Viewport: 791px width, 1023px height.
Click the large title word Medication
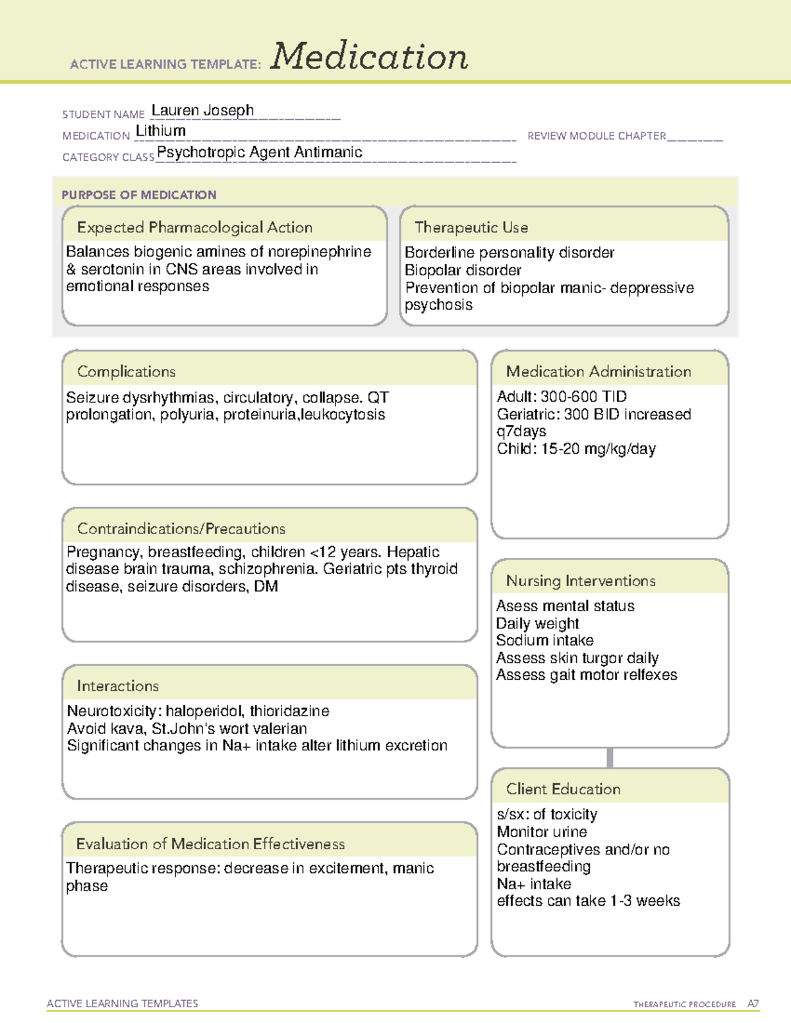pos(369,57)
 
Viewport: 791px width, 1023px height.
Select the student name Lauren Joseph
pos(202,111)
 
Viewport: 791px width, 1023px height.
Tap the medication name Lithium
pos(160,131)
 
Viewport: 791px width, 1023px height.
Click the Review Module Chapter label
pos(597,136)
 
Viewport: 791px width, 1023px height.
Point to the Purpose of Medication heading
pos(139,195)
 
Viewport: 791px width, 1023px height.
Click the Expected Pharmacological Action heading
pos(194,227)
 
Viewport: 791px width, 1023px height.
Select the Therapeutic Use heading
pos(471,227)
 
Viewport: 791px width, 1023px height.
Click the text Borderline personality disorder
pos(509,253)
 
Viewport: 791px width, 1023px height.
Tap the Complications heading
pos(127,372)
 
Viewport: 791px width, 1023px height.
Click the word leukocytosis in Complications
pos(343,415)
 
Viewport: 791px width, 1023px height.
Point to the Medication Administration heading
pos(599,372)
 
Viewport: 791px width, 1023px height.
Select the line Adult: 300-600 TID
pos(562,397)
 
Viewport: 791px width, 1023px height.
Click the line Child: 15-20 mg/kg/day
pos(576,449)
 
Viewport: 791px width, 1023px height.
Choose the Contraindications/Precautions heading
pos(181,528)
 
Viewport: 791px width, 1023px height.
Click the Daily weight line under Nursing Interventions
pos(537,624)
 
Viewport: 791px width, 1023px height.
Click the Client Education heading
pos(563,789)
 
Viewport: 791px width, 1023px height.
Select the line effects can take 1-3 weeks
pos(588,901)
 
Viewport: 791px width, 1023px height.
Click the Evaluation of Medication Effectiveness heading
pos(210,844)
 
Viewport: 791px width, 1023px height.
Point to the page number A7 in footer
pos(752,1004)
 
